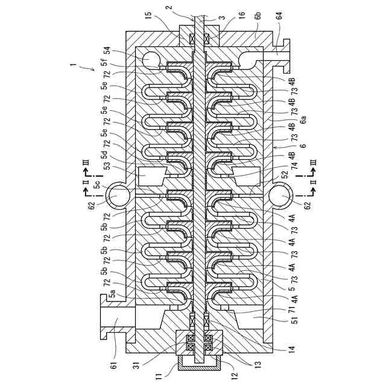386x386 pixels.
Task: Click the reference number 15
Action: tap(148, 14)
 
